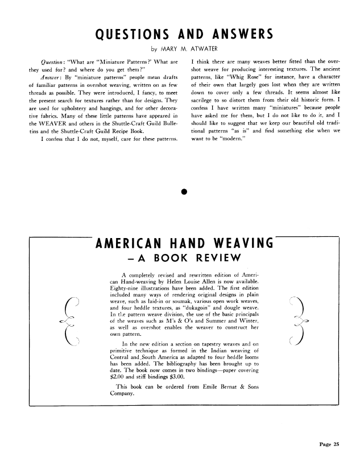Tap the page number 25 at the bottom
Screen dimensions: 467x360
pyautogui.click(x=335, y=445)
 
